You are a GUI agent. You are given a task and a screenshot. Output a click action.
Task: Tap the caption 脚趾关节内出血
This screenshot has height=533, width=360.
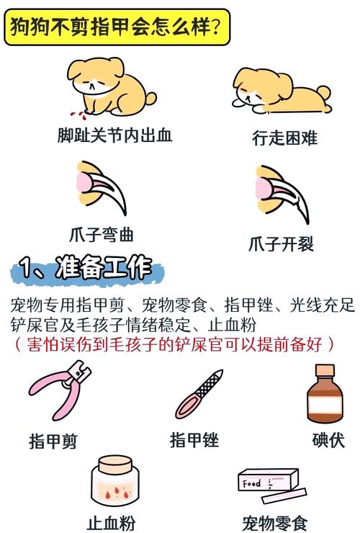(x=115, y=135)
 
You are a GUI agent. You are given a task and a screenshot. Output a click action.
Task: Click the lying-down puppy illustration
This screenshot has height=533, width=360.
(x=282, y=91)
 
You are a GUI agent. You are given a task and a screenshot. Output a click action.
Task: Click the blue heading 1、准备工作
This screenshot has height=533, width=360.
(x=87, y=270)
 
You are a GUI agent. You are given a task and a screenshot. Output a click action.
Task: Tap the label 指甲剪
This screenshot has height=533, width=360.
(x=53, y=440)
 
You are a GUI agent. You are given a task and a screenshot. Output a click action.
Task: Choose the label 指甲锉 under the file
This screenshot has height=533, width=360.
(x=194, y=439)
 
